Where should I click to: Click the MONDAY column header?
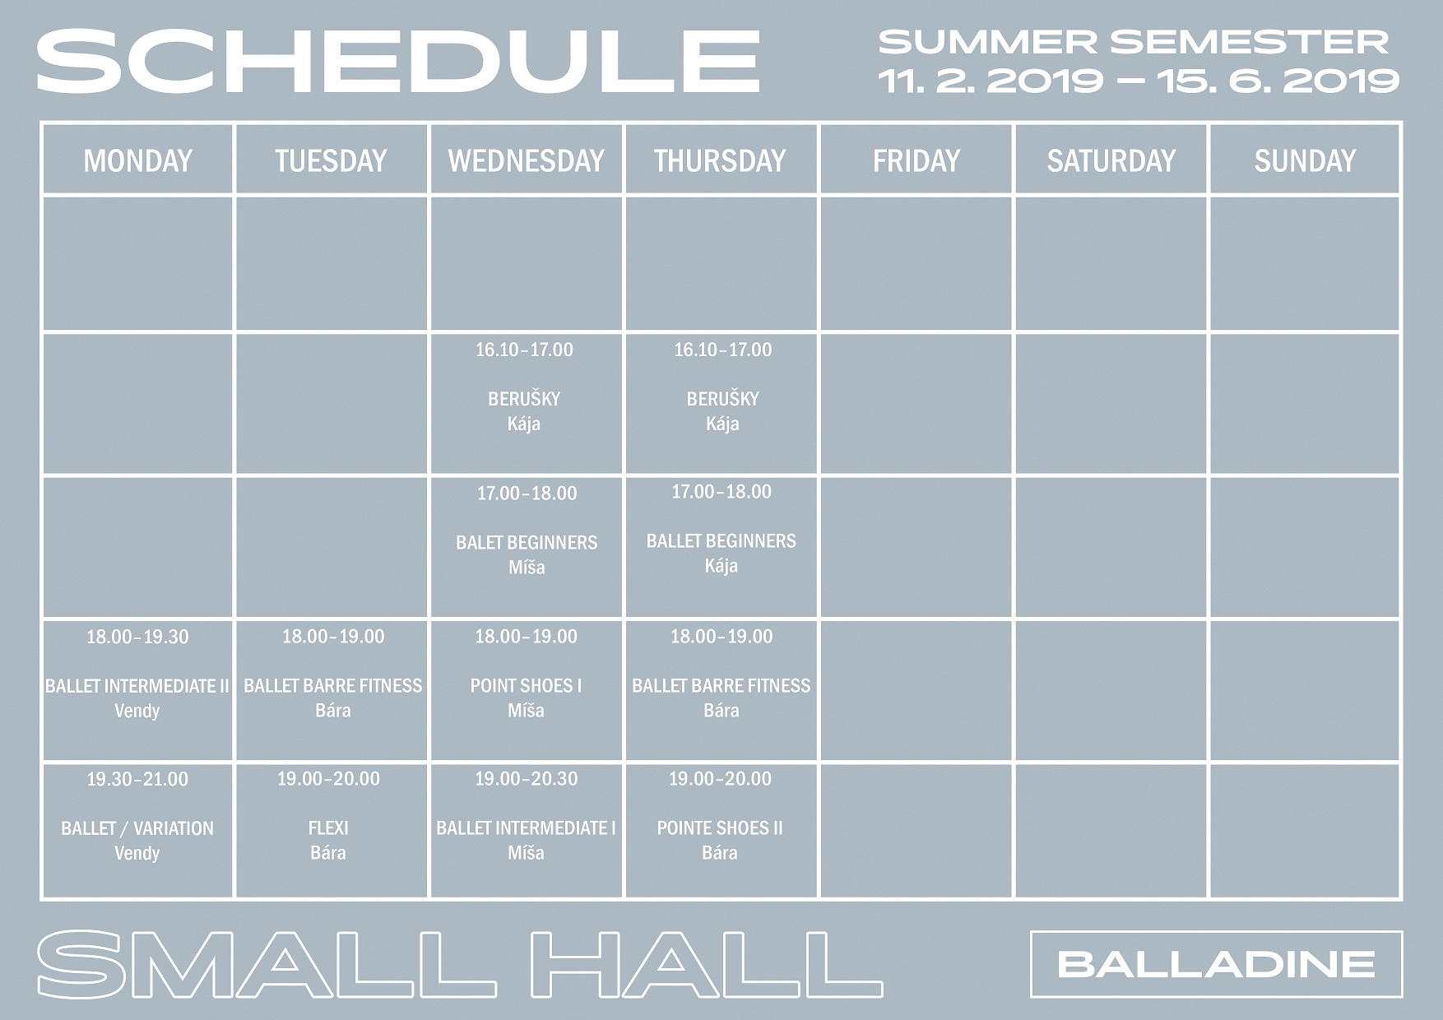137,160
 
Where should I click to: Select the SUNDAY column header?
1305,160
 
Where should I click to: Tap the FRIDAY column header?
916,160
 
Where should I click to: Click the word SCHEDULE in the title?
397,62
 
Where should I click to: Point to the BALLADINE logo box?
1216,964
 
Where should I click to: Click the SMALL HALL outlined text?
459,964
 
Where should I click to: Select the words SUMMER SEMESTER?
1134,41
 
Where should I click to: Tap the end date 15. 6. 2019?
1278,81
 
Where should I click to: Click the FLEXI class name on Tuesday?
328,828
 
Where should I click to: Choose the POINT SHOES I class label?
526,686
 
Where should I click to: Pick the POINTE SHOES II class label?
720,828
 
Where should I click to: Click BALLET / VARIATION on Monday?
137,828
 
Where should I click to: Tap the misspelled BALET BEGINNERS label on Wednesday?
527,543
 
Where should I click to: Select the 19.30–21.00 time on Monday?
137,779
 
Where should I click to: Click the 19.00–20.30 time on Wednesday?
526,779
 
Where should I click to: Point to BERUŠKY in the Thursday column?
722,399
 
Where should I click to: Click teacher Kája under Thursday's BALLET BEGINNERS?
721,566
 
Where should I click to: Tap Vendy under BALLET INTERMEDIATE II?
137,711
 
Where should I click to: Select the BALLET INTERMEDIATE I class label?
526,828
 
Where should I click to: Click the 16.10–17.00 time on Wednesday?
524,350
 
